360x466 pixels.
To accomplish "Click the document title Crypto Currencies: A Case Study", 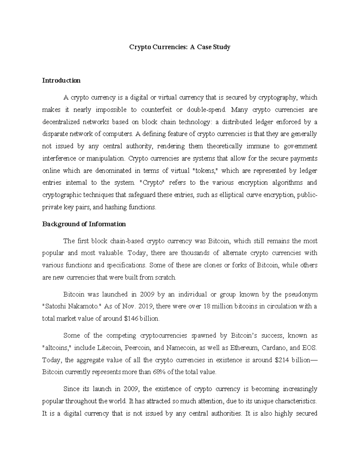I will coord(179,47).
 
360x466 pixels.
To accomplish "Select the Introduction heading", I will coord(61,80).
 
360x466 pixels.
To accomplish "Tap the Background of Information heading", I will coord(84,224).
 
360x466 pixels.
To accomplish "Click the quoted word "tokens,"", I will coord(204,171).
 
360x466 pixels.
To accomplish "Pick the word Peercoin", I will coord(137,348).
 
